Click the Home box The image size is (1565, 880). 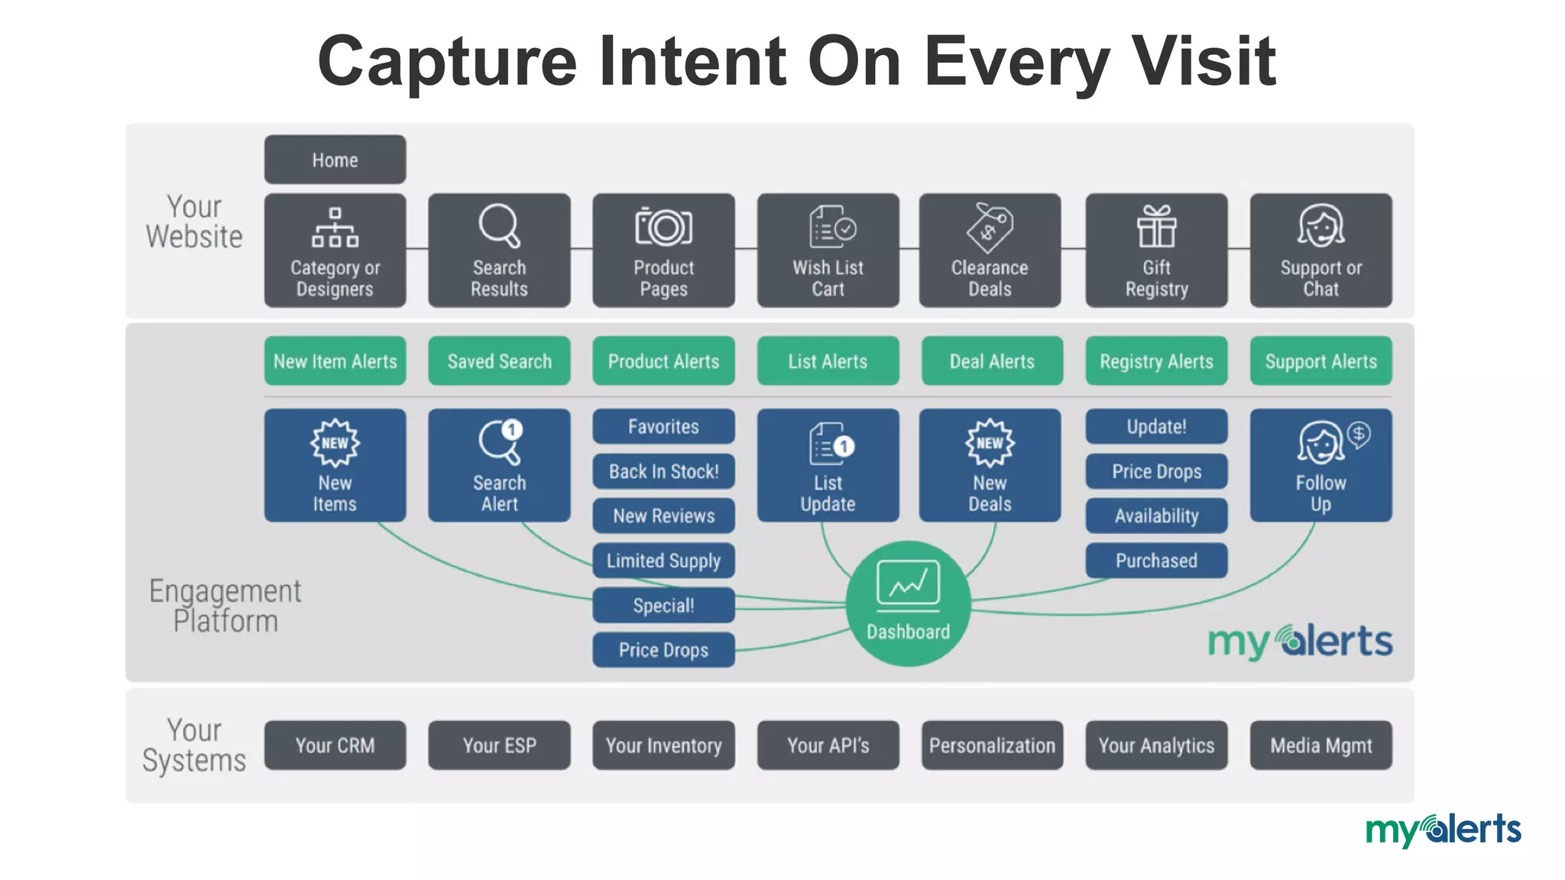(x=335, y=160)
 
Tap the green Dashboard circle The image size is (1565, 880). (x=908, y=603)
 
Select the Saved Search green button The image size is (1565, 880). (x=499, y=361)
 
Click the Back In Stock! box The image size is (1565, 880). (x=663, y=471)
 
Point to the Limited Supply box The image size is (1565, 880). (x=663, y=561)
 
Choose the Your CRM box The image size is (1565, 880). (x=335, y=745)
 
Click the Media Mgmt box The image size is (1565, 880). (x=1320, y=745)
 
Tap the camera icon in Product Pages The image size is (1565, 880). (x=663, y=227)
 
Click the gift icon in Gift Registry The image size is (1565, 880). (x=1156, y=226)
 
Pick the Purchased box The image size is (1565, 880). (x=1156, y=561)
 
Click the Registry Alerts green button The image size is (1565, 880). (x=1156, y=361)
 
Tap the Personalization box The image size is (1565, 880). (x=992, y=745)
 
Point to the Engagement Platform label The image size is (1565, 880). (x=225, y=606)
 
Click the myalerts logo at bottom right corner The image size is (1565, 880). (x=1443, y=830)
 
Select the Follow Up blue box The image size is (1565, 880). (x=1320, y=465)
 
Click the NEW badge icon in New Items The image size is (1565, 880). (x=335, y=442)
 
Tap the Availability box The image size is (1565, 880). (x=1156, y=516)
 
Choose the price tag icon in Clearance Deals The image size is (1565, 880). (x=990, y=227)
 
